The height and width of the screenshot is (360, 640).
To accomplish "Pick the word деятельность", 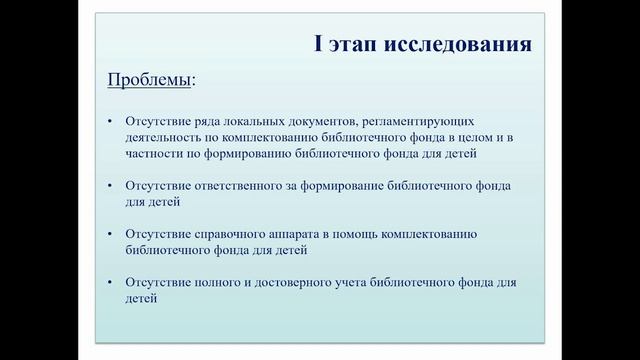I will pos(163,137).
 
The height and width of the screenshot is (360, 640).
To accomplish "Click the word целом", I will pos(480,137).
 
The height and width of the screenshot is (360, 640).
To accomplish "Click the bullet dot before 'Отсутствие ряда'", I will pos(111,122).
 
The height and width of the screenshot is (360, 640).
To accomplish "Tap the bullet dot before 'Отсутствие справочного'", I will pos(111,234).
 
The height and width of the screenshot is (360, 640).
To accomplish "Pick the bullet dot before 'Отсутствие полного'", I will pos(111,283).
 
